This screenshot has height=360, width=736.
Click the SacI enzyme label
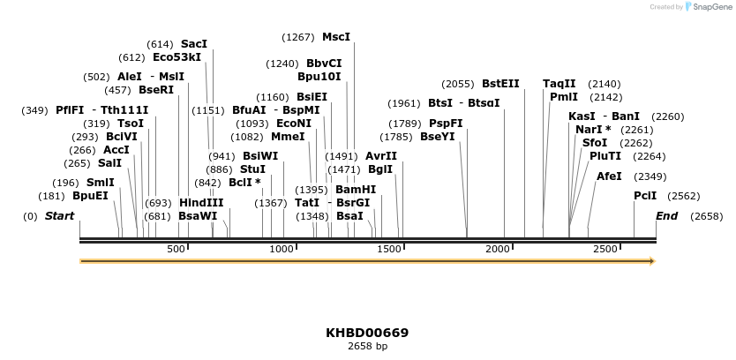click(194, 43)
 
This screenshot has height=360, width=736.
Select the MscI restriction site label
click(336, 37)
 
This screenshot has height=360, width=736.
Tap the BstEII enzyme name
click(500, 84)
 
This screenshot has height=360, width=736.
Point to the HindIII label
click(201, 202)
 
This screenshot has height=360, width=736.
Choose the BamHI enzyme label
click(356, 190)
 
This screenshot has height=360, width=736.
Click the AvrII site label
click(381, 155)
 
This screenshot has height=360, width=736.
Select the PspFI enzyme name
click(446, 124)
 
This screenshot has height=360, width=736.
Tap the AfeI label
click(609, 176)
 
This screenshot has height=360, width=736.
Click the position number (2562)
click(684, 196)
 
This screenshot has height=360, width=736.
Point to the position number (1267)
click(298, 37)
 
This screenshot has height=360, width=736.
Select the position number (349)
click(34, 110)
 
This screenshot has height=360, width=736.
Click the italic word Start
click(59, 216)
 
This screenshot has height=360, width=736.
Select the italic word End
click(666, 216)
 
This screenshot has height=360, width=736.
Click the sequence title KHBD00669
click(367, 333)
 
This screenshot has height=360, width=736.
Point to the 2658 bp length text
click(367, 346)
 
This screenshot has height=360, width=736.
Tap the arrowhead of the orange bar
click(652, 261)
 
